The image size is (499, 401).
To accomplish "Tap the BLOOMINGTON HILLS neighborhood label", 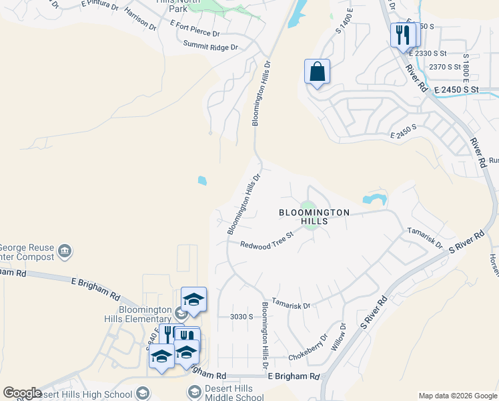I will coord(314,217).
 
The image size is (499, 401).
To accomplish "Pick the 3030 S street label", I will coord(241,317).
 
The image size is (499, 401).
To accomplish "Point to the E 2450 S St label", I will coord(456,89).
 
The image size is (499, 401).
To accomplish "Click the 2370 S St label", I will coord(445,67).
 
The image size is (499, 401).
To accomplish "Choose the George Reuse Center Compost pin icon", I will coord(65,251).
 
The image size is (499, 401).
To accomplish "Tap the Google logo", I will coord(22,393).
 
